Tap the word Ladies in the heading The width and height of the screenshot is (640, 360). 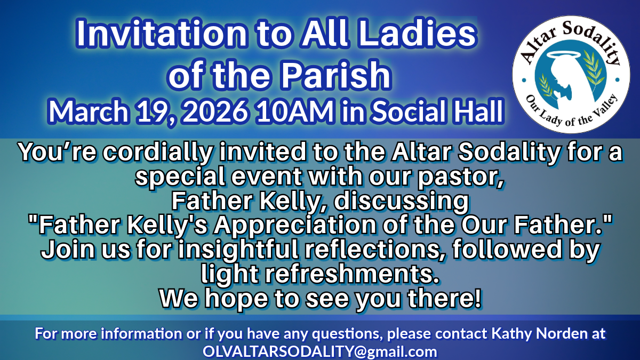(x=417, y=33)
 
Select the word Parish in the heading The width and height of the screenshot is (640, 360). (x=335, y=75)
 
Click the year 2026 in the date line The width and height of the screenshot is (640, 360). (x=214, y=111)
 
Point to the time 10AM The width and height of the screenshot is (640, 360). (x=295, y=111)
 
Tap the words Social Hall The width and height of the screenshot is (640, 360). (x=437, y=111)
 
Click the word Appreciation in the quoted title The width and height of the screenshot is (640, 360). (x=295, y=225)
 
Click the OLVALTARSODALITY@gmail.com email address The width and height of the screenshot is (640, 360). (x=320, y=351)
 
